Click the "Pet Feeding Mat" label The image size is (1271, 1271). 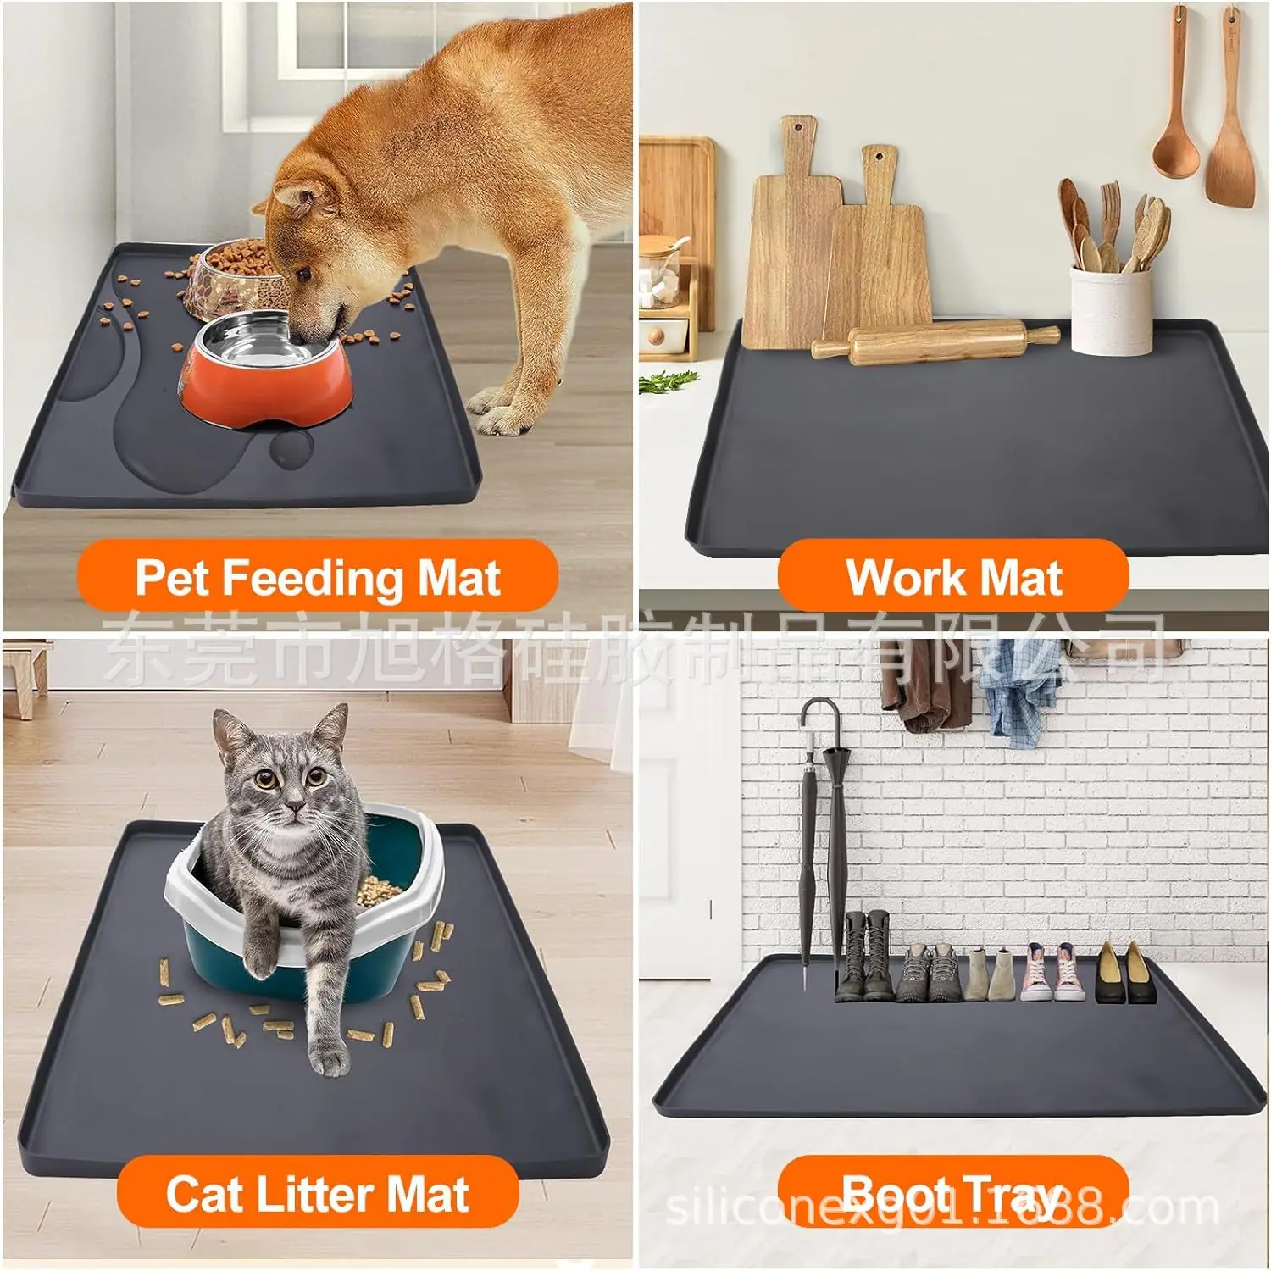coord(318,578)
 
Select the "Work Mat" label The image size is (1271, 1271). coord(953,578)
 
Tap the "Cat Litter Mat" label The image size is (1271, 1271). coord(318,1194)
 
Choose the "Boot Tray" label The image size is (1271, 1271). coord(953,1194)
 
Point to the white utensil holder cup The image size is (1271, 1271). coord(1111,310)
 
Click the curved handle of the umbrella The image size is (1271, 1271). coord(821,708)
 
